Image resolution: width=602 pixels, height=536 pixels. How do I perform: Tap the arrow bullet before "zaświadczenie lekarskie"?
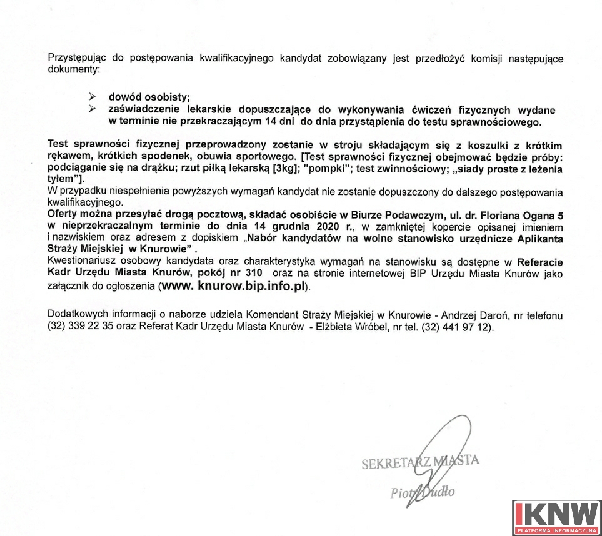coord(93,110)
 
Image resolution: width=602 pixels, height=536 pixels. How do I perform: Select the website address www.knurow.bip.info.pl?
coord(235,287)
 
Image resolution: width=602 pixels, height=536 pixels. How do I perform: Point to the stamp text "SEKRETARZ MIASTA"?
coord(420,463)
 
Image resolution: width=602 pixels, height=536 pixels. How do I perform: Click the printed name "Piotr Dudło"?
coord(423,492)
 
